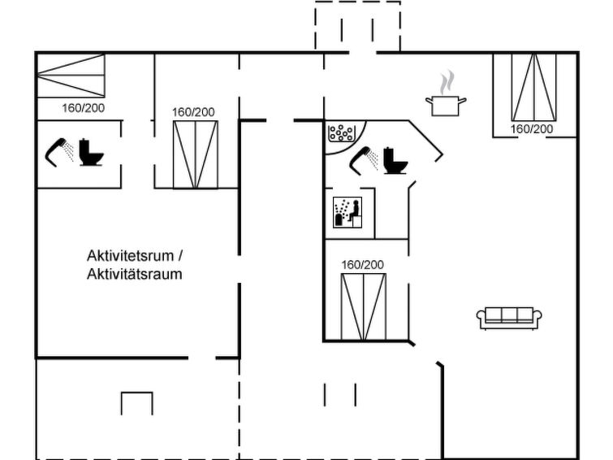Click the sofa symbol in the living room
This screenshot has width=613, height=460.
click(x=509, y=317)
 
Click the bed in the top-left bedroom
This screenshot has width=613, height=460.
click(x=71, y=75)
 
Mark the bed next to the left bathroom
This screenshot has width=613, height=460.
click(x=196, y=154)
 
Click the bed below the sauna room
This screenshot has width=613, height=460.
click(x=363, y=306)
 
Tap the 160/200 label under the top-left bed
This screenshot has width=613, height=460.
click(x=83, y=107)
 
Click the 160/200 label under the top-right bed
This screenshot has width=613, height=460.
click(x=532, y=128)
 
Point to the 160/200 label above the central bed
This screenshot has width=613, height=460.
click(x=362, y=265)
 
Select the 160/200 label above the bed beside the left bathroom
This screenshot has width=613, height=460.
click(x=194, y=112)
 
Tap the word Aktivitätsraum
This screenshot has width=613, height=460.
click(x=134, y=274)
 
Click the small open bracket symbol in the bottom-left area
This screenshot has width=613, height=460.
click(x=136, y=402)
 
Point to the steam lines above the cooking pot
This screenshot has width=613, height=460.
click(x=446, y=83)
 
